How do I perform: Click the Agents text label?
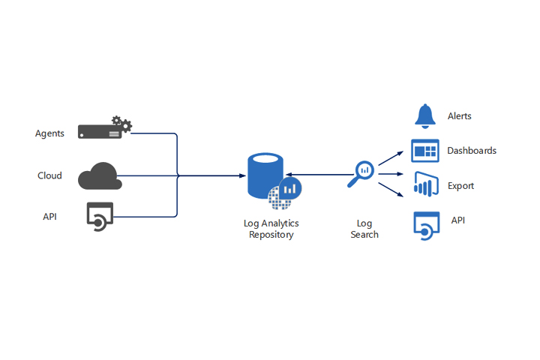click(x=49, y=133)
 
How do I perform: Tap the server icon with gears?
click(x=104, y=129)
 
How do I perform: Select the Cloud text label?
click(x=49, y=175)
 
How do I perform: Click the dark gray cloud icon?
click(x=99, y=175)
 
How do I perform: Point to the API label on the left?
click(x=49, y=217)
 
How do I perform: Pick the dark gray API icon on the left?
click(x=99, y=216)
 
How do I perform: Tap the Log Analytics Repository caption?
click(x=271, y=229)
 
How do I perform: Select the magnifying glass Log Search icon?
click(x=361, y=174)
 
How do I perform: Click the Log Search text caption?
click(x=364, y=229)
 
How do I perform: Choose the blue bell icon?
click(x=424, y=115)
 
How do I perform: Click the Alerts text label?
click(x=459, y=116)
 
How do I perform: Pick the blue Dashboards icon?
click(x=424, y=150)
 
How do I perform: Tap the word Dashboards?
click(x=472, y=151)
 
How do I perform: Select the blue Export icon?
click(x=424, y=184)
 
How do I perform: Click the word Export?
click(x=460, y=185)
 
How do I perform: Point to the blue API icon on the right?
click(x=424, y=223)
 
